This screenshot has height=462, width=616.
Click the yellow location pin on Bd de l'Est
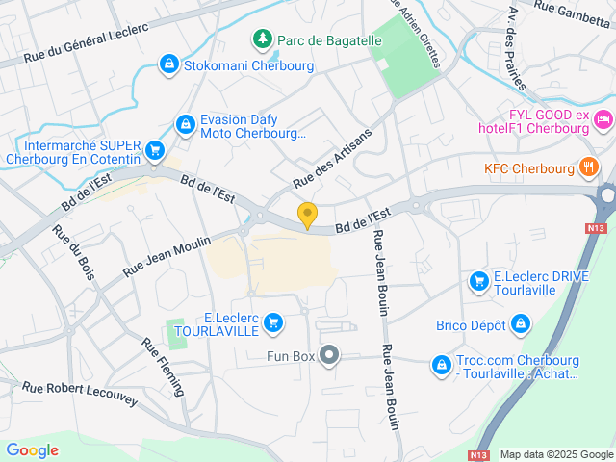pos(307,215)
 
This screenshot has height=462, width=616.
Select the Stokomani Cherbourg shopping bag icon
pos(169,64)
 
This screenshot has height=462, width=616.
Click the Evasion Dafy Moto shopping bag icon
pos(184,123)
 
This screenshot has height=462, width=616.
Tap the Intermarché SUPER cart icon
pos(154,149)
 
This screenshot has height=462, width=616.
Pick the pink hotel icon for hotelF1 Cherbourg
pos(603,119)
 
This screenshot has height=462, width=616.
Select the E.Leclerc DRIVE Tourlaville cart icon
pos(478,281)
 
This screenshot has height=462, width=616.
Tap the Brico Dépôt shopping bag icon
pos(521,324)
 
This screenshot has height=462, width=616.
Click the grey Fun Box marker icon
pos(330,356)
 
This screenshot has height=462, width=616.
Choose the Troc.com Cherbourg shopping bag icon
pos(441,365)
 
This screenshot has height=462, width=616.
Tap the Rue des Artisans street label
pos(332,158)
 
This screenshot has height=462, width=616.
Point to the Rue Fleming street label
pos(164,365)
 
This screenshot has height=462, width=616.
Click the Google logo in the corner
pos(32,449)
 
